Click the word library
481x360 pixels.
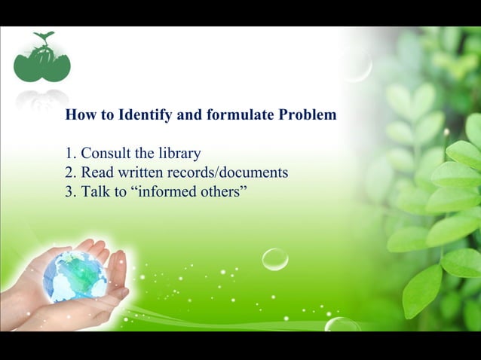179,154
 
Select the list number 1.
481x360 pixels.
70,154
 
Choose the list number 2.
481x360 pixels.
70,172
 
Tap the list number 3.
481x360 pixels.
70,191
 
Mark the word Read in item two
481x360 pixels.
97,172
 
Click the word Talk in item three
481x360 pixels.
95,191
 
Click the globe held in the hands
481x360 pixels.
75,276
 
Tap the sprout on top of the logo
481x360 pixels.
44,37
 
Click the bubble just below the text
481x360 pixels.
275,259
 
